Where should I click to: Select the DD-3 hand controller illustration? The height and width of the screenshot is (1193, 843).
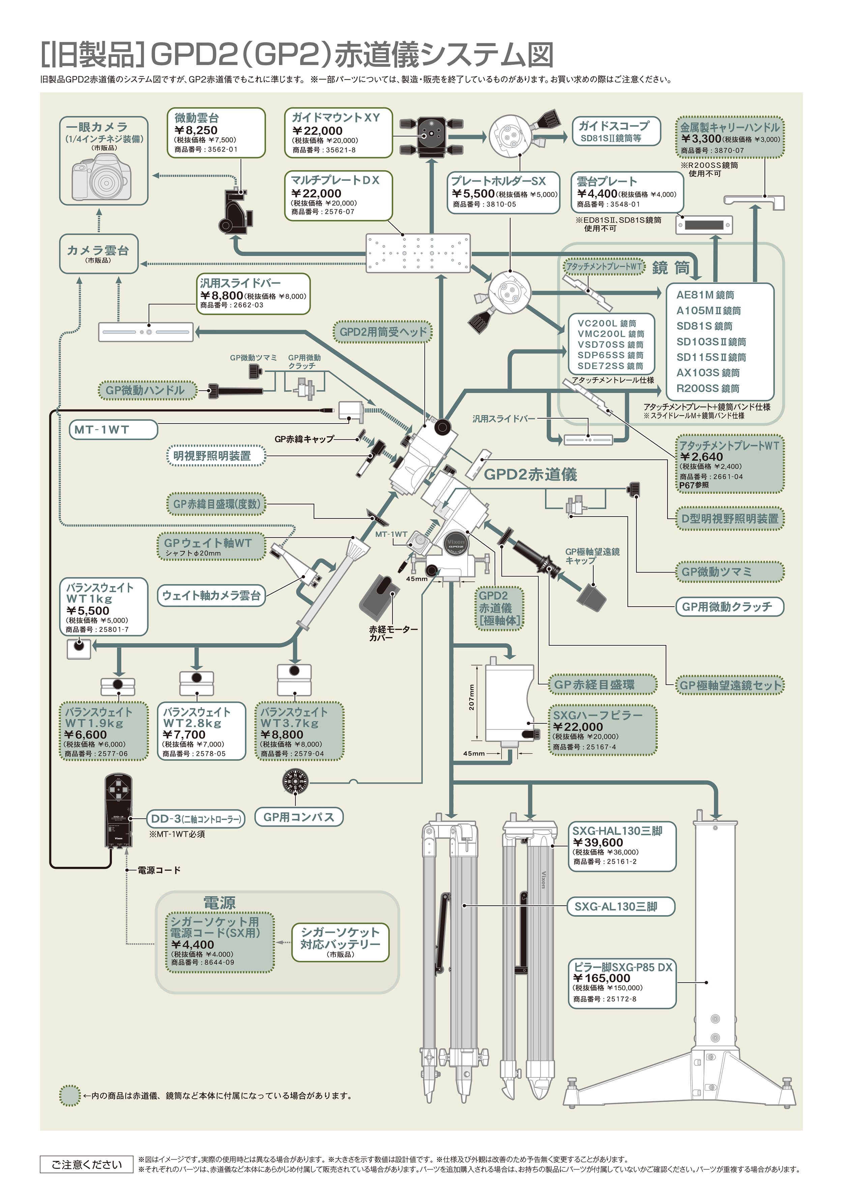click(118, 812)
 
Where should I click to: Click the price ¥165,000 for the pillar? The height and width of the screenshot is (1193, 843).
click(602, 978)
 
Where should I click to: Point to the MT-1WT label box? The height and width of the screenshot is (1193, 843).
click(113, 430)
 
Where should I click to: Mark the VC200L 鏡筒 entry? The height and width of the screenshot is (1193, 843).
click(607, 323)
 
